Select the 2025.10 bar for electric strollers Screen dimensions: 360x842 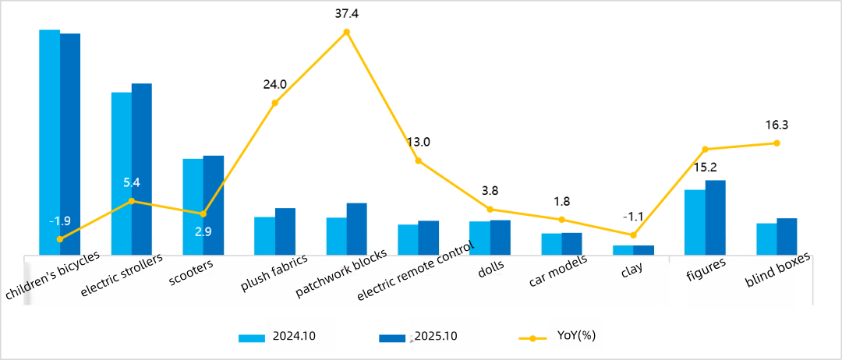click(x=142, y=168)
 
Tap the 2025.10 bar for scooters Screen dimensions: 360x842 click(x=214, y=205)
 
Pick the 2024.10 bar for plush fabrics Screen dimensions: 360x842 click(x=265, y=235)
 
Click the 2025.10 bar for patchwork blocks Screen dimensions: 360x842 click(x=356, y=228)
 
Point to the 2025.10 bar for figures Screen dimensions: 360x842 click(x=715, y=217)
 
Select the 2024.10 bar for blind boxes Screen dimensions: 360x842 click(x=766, y=238)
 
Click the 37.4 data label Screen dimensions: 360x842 click(x=347, y=13)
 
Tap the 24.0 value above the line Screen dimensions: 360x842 click(x=274, y=84)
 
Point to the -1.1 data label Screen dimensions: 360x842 click(x=633, y=217)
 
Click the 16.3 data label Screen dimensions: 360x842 click(x=777, y=125)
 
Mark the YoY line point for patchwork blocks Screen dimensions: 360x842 click(x=347, y=32)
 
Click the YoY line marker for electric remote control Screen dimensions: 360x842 click(x=419, y=161)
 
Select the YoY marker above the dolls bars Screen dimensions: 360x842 click(x=490, y=209)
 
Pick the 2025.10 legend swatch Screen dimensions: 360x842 click(x=392, y=338)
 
